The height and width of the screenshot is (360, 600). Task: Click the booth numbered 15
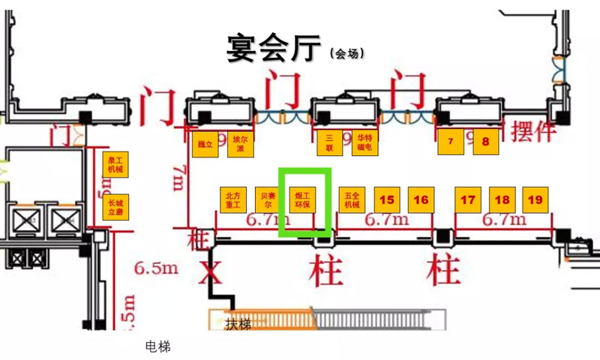[387, 199]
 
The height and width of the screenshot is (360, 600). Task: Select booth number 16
[421, 199]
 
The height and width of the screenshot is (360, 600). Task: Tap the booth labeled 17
[468, 199]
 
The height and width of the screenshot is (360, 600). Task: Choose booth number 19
[535, 199]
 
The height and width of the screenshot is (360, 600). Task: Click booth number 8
[485, 142]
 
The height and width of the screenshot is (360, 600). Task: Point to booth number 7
[451, 142]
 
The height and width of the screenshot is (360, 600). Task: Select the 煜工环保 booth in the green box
[304, 199]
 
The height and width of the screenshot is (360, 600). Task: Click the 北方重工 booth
[233, 199]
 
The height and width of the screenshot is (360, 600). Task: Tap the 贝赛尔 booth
[268, 199]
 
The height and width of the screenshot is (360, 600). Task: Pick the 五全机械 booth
[352, 199]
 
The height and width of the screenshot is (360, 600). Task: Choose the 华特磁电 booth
[364, 142]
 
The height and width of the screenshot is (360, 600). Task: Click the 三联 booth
[328, 142]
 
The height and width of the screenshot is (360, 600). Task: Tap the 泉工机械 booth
[115, 164]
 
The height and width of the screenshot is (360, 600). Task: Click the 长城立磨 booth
[115, 206]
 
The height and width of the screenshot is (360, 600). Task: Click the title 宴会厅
[274, 49]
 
